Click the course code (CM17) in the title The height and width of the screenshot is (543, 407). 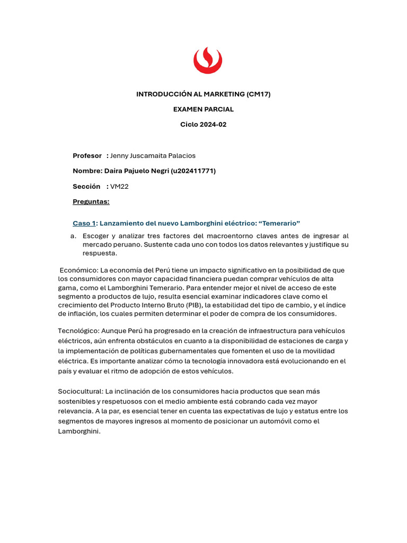[x=259, y=94]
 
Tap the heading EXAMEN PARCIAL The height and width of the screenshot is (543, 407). [x=203, y=109]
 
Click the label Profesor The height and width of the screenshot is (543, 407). [x=87, y=155]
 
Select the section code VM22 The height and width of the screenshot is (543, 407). [x=120, y=186]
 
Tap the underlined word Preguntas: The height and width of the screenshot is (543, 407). [x=91, y=202]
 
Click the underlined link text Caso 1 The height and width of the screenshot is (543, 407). [x=84, y=223]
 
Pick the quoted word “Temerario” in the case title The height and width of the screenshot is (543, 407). [x=279, y=223]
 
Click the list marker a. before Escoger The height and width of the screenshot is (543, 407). [x=73, y=236]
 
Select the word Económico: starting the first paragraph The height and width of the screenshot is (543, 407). [x=77, y=270]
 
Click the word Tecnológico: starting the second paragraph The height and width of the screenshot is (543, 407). [x=78, y=331]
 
